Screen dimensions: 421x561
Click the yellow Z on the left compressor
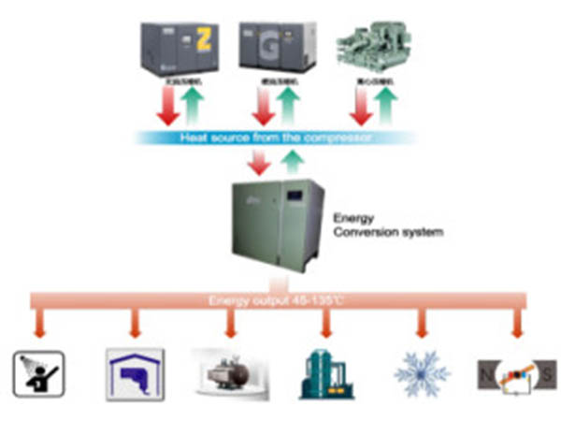click(x=203, y=40)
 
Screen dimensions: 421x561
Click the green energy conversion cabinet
click(x=278, y=224)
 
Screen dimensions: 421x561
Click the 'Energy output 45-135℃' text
click(x=280, y=301)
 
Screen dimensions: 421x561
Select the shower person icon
click(x=38, y=372)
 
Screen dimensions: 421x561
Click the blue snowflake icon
click(x=422, y=372)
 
